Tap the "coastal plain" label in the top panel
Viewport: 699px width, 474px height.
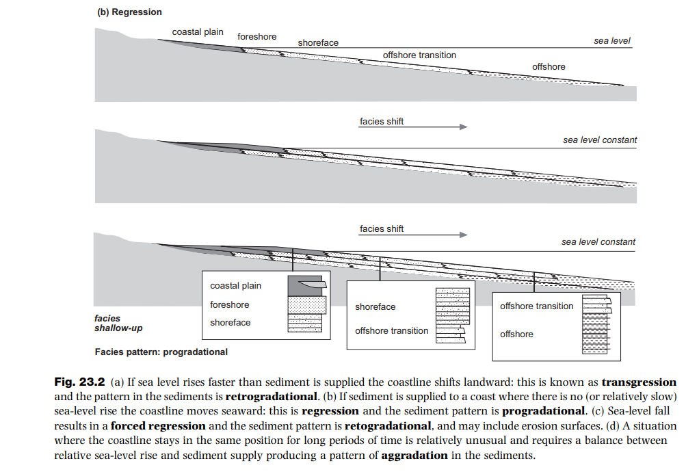pyautogui.click(x=198, y=32)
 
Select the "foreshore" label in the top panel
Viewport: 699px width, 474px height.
pyautogui.click(x=256, y=36)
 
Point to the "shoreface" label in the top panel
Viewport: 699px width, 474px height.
pyautogui.click(x=318, y=43)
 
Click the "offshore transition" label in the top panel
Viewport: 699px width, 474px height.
pyautogui.click(x=419, y=55)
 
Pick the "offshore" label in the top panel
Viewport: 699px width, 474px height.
pyautogui.click(x=549, y=66)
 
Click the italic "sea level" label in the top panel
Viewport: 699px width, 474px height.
pyautogui.click(x=611, y=41)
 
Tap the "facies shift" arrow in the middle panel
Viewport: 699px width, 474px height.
pyautogui.click(x=414, y=127)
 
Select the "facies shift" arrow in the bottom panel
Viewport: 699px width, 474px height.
pyautogui.click(x=414, y=235)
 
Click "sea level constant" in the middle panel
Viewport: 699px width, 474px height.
pyautogui.click(x=599, y=140)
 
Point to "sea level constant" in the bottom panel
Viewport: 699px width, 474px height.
pyautogui.click(x=598, y=241)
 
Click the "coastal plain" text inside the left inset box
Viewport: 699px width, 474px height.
pyautogui.click(x=235, y=285)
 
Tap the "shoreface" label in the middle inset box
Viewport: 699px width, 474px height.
pyautogui.click(x=375, y=306)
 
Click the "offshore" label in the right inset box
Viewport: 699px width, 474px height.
pyautogui.click(x=516, y=334)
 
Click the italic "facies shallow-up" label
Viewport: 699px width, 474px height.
pyautogui.click(x=118, y=323)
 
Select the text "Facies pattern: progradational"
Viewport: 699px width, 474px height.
pyautogui.click(x=161, y=352)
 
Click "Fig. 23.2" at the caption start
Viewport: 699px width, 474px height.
pyautogui.click(x=79, y=382)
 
